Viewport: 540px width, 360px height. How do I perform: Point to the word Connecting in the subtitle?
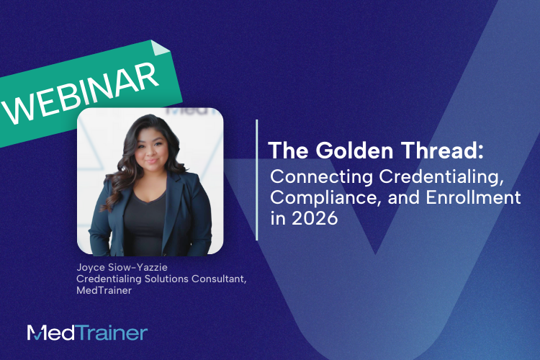tap(310, 176)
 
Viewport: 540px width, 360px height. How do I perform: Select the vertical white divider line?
tap(257, 180)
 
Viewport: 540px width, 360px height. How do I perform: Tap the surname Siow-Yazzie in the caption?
tap(138, 268)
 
